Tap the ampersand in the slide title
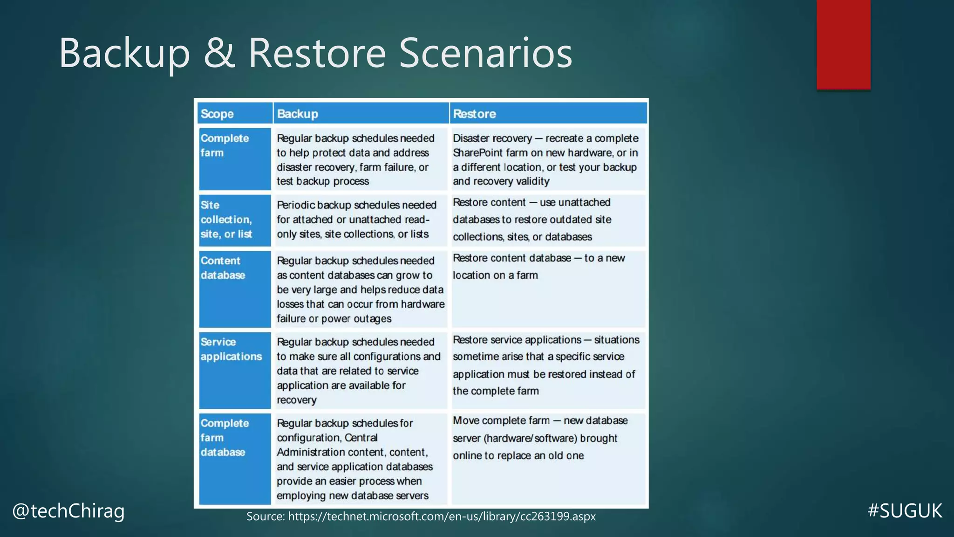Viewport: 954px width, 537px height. [219, 53]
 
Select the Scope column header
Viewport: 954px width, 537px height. [217, 114]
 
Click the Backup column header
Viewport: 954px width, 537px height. [297, 114]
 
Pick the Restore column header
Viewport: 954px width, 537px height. [474, 114]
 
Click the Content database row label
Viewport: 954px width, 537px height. [223, 268]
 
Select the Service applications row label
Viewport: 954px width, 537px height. [231, 349]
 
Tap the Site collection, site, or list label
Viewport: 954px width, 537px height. [226, 220]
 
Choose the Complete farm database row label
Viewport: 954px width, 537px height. [225, 438]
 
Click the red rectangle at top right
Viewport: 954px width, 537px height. [843, 44]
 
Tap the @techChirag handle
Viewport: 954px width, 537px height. [68, 511]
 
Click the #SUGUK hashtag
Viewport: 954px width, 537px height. [905, 511]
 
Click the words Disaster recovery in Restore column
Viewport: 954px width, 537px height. [492, 138]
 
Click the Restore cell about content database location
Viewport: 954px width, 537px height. [538, 267]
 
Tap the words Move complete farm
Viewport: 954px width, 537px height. [501, 420]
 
